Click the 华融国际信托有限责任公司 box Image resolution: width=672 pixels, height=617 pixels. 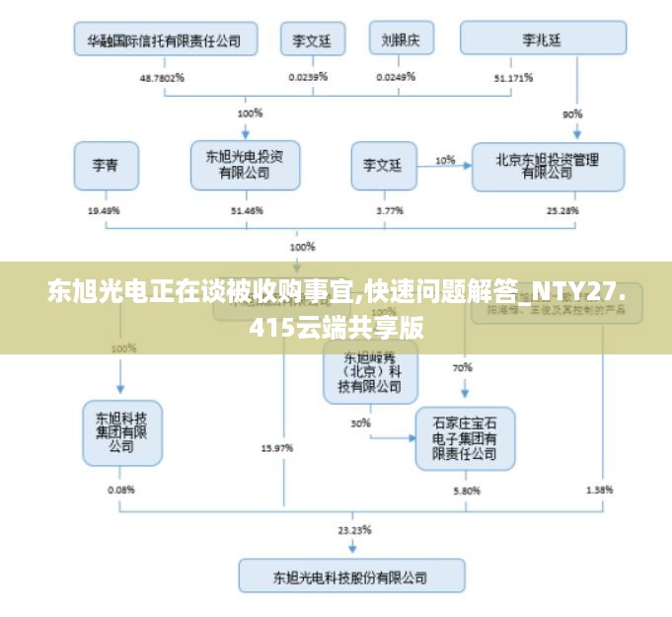tap(165, 39)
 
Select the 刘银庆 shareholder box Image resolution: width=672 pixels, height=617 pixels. tap(401, 39)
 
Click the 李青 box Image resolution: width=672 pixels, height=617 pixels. tap(106, 165)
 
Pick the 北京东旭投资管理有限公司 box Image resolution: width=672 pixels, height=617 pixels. tap(548, 165)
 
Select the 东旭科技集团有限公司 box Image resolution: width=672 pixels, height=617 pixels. tap(121, 431)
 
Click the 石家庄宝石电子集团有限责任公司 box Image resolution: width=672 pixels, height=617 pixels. tap(465, 437)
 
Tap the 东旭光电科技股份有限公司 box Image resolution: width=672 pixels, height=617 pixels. tap(351, 576)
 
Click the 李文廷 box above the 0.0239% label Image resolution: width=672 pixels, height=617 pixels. tap(312, 39)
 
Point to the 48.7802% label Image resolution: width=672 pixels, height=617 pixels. tap(163, 77)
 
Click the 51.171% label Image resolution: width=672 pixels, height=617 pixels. tap(513, 77)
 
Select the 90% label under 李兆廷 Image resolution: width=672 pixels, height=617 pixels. tap(572, 114)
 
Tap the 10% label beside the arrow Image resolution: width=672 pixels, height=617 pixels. tap(445, 159)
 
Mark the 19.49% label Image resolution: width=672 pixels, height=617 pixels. tap(104, 210)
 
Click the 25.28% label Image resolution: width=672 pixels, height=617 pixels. tap(565, 210)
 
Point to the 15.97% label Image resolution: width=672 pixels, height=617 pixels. tap(276, 447)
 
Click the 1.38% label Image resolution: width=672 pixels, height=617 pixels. tap(599, 489)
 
